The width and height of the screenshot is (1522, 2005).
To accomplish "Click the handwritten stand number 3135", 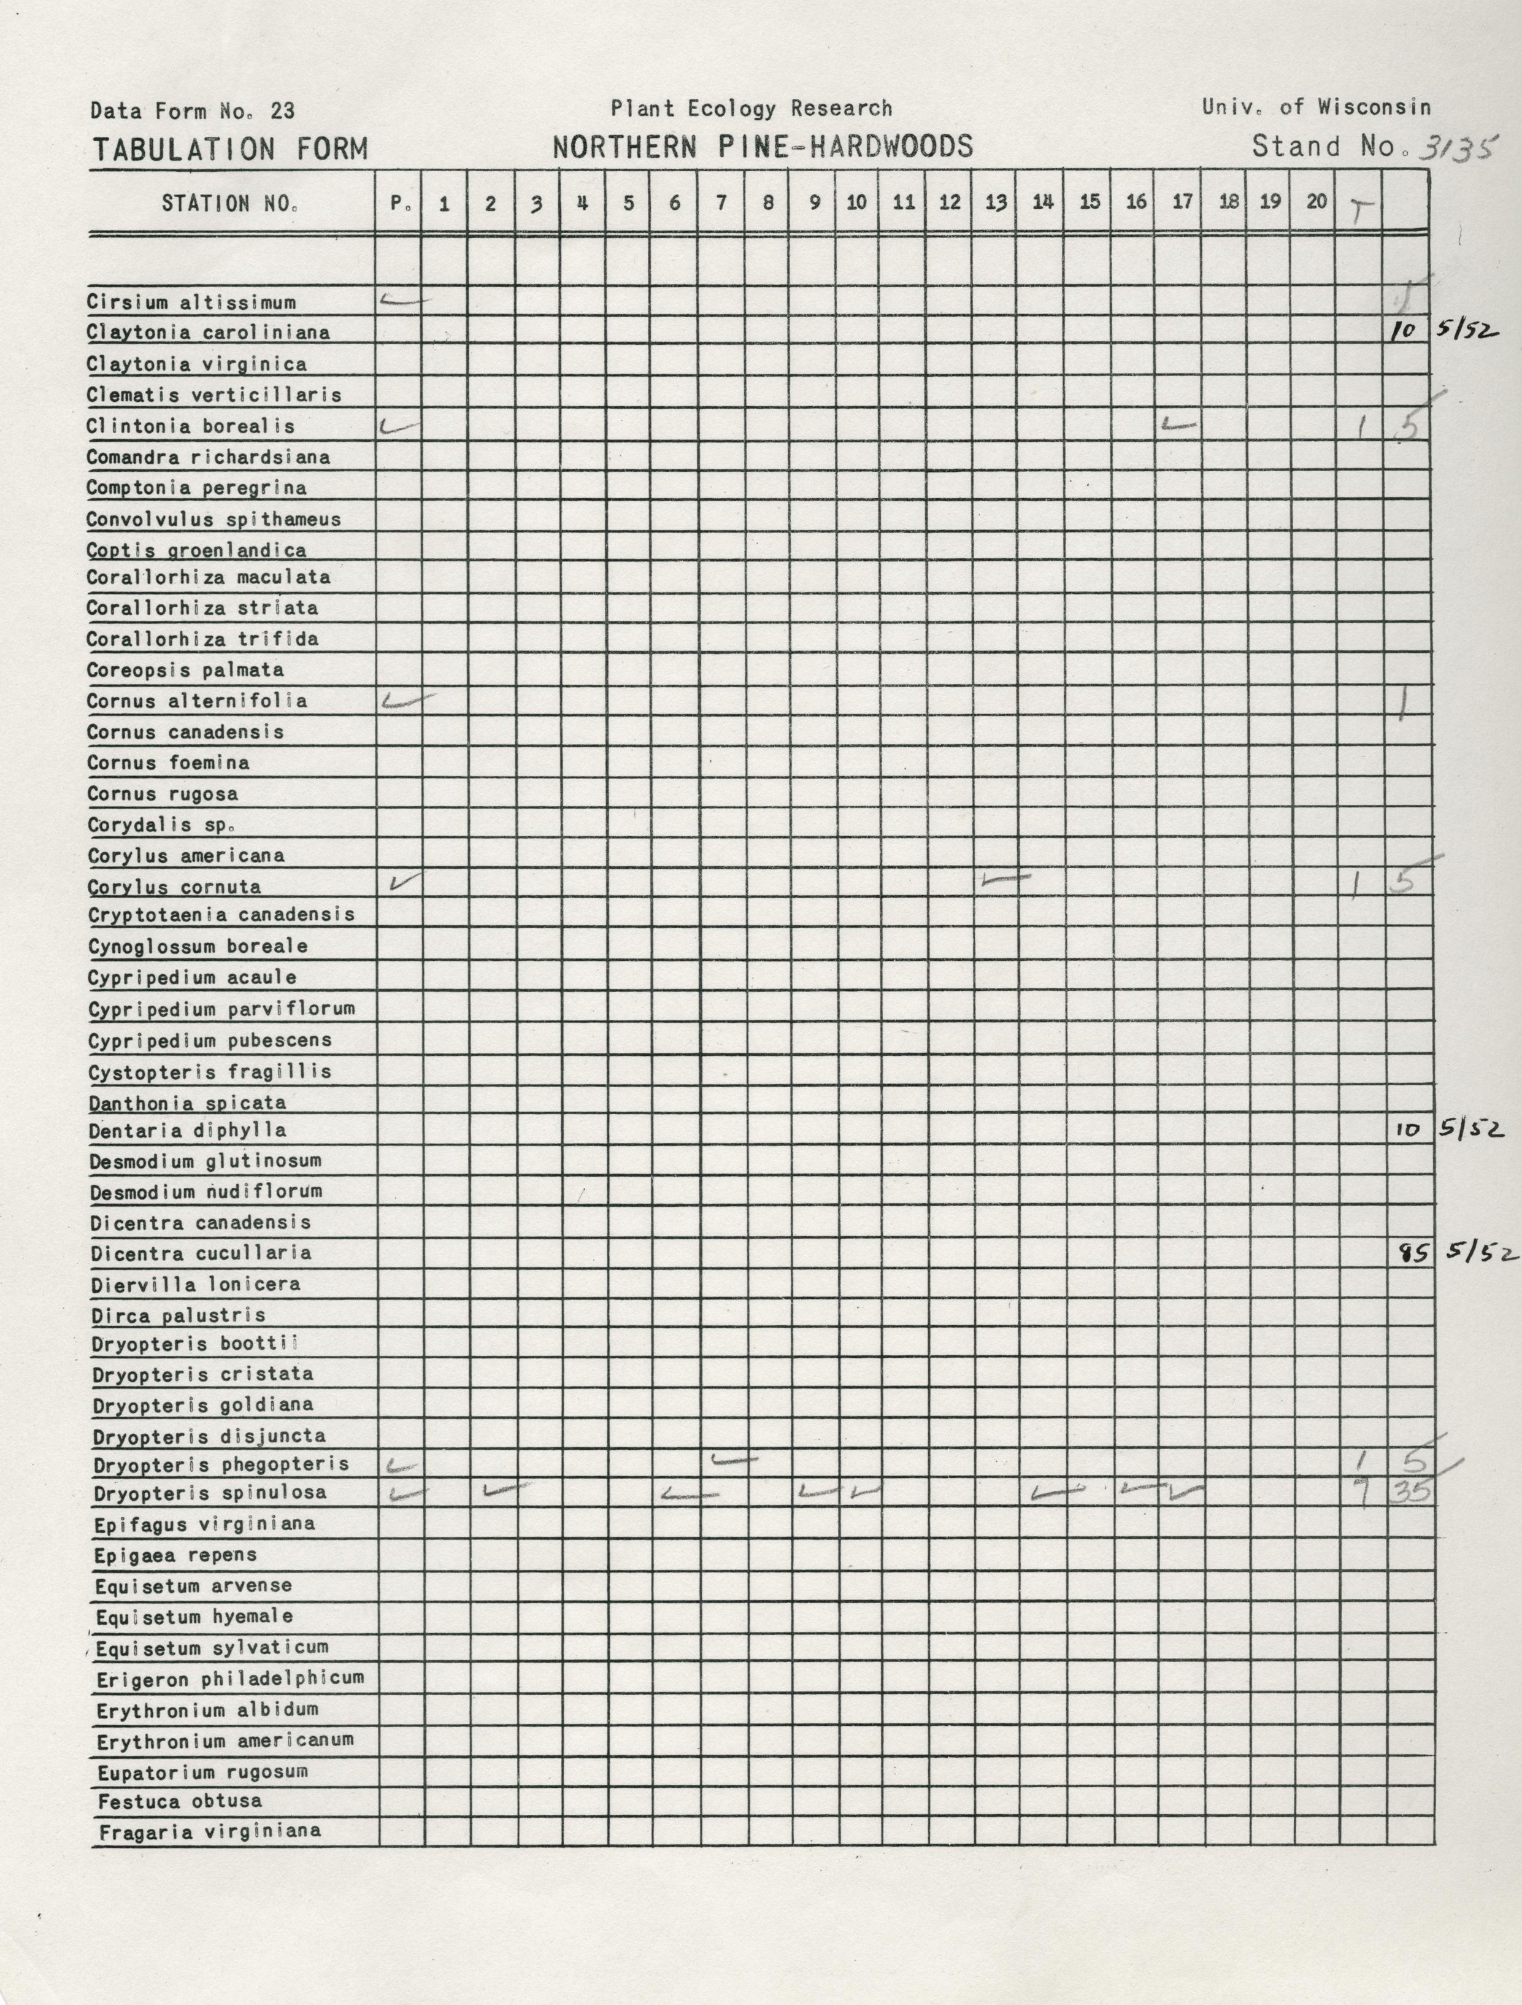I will (1458, 146).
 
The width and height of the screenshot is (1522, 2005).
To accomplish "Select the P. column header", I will (400, 203).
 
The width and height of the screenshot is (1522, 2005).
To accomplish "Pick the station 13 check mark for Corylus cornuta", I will (1006, 877).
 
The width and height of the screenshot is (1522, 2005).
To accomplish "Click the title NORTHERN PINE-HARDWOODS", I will (763, 147).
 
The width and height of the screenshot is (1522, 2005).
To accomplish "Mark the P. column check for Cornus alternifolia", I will (406, 700).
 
